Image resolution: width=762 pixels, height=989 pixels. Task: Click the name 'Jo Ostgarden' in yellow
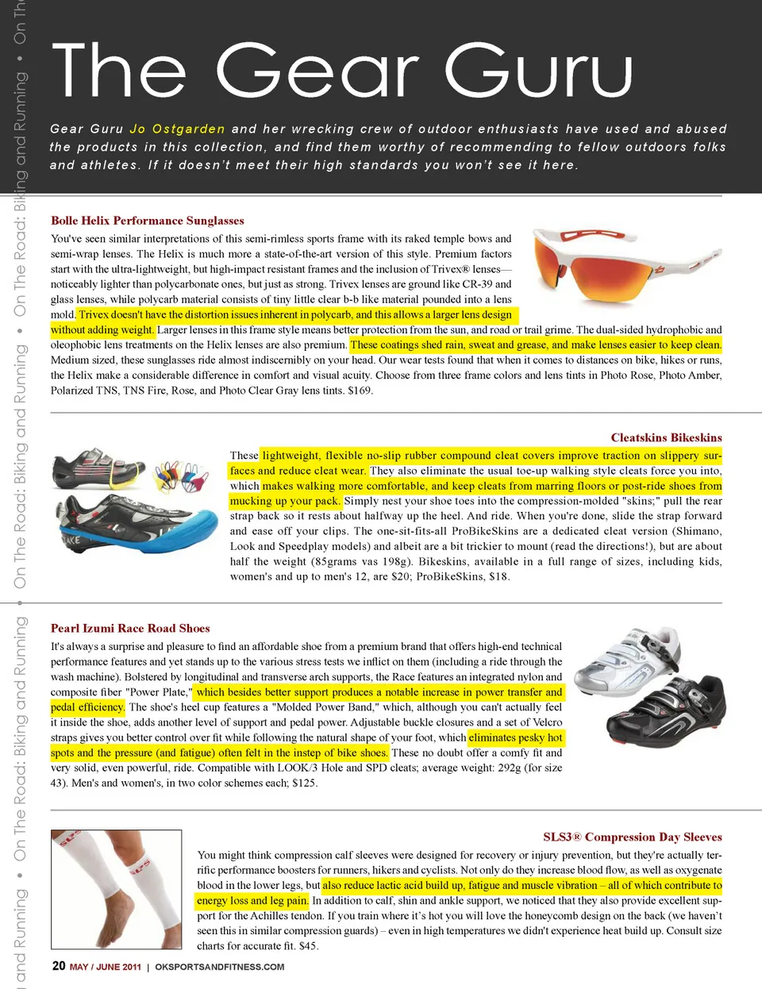(177, 129)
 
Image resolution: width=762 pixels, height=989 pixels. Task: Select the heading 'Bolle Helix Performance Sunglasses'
(148, 221)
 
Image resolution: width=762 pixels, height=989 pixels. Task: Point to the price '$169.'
(360, 391)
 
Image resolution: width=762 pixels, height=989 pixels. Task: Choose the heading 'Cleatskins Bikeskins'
(666, 437)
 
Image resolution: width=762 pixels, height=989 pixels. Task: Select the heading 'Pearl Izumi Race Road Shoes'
(130, 628)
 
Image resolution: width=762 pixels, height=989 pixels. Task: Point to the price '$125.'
(305, 783)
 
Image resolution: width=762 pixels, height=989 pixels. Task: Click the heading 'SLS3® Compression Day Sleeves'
(632, 837)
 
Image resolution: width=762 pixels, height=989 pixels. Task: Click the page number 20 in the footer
(58, 965)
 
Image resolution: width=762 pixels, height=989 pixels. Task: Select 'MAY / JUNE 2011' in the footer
(105, 967)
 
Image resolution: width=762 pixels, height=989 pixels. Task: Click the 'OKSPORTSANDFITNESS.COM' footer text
(219, 967)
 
